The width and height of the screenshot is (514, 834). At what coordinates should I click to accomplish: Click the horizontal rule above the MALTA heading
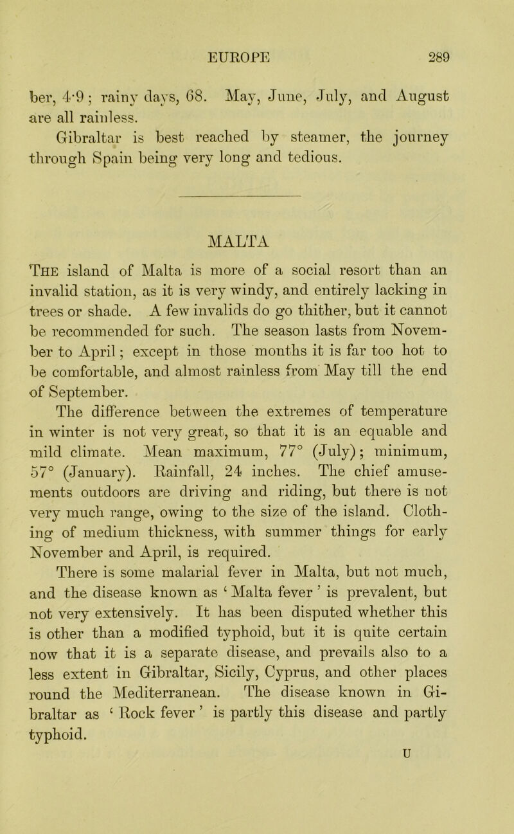pos(256,191)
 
